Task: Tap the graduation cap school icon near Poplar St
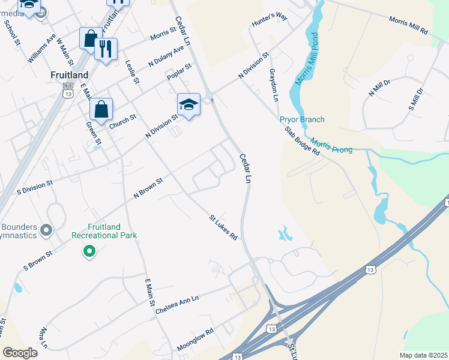188,105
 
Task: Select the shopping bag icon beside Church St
101,110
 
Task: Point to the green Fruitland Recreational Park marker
89,251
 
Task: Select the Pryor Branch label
302,119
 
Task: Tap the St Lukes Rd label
223,227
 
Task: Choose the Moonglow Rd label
195,340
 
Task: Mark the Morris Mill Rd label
408,25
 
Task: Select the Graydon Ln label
274,85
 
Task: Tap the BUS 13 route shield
68,91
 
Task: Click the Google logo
20,353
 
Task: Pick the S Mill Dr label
416,100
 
